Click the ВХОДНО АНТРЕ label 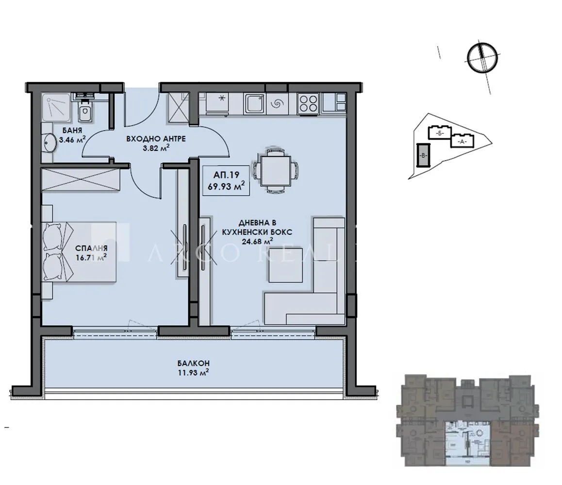155,139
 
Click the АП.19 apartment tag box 226,180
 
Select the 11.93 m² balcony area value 193,372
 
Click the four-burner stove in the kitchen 308,102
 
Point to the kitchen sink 254,103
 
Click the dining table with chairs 275,170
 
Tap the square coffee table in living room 286,265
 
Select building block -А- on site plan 462,141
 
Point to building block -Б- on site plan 439,132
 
